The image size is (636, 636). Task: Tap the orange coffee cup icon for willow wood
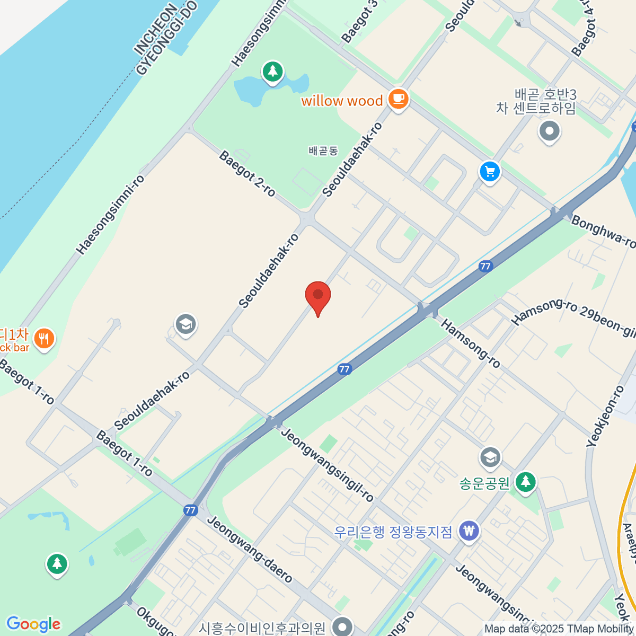(x=398, y=99)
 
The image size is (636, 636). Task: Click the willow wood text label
(x=342, y=101)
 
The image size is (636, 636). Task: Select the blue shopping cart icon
(x=490, y=172)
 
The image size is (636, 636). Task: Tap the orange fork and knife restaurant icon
(x=43, y=338)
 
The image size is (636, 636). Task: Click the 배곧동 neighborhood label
(x=323, y=151)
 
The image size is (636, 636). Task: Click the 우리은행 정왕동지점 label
(x=393, y=531)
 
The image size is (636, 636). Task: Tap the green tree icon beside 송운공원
(x=525, y=482)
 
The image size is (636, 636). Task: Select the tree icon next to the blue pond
(x=273, y=72)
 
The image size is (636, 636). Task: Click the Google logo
(x=33, y=624)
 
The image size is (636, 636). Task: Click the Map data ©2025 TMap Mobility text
(x=559, y=629)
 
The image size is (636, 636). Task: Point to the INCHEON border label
(x=155, y=31)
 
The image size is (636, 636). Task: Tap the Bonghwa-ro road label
(x=603, y=232)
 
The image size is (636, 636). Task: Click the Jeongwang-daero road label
(x=249, y=549)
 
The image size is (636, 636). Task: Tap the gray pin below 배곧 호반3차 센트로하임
(x=549, y=131)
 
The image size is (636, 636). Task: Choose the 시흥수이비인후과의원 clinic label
(x=262, y=629)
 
